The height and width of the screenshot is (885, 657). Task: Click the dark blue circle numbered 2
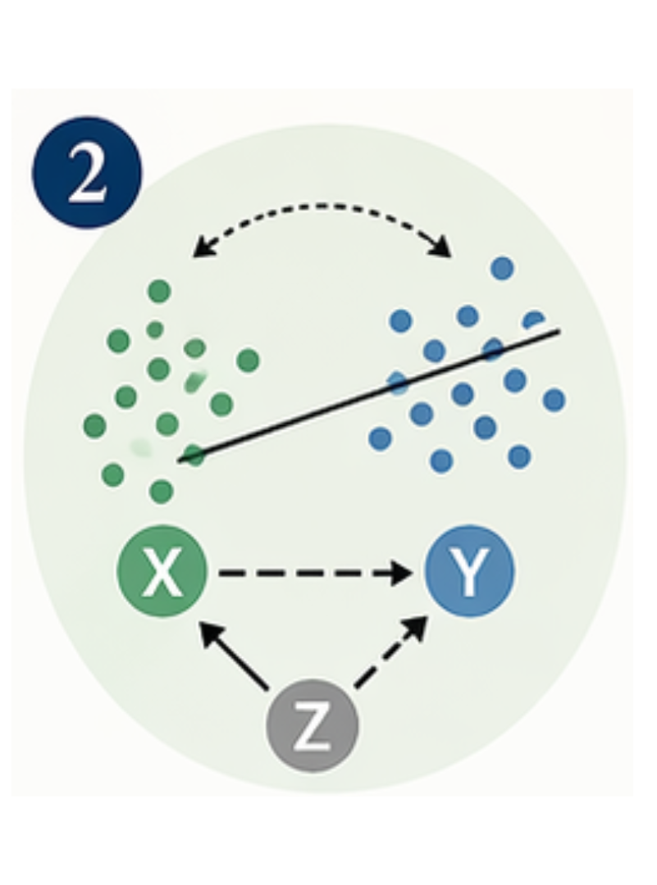click(x=86, y=173)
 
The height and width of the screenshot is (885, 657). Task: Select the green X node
click(x=162, y=571)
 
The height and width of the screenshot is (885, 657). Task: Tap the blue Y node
click(x=469, y=571)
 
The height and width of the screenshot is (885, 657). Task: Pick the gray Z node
click(x=313, y=725)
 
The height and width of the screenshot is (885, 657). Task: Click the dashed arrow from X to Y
click(x=312, y=572)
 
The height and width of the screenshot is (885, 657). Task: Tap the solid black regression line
click(x=369, y=395)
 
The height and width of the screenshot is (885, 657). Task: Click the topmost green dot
click(x=159, y=291)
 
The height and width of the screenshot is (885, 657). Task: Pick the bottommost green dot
click(x=162, y=491)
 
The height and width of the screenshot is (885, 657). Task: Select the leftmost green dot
click(x=95, y=425)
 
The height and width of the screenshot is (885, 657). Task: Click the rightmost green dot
click(x=248, y=360)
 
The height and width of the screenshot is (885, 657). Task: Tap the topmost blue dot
click(x=502, y=268)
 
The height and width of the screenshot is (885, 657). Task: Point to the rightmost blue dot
click(x=554, y=400)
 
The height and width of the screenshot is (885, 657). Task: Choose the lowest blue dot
click(x=441, y=461)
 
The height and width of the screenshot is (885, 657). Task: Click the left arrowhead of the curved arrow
click(x=200, y=247)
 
